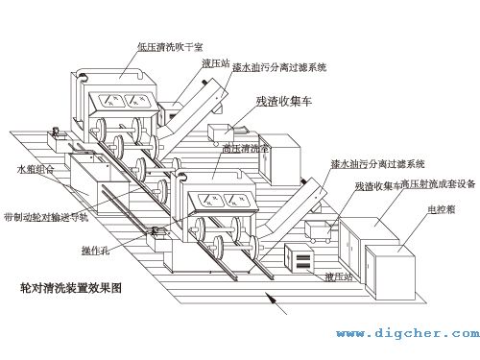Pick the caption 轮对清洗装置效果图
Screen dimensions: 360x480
coord(74,285)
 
